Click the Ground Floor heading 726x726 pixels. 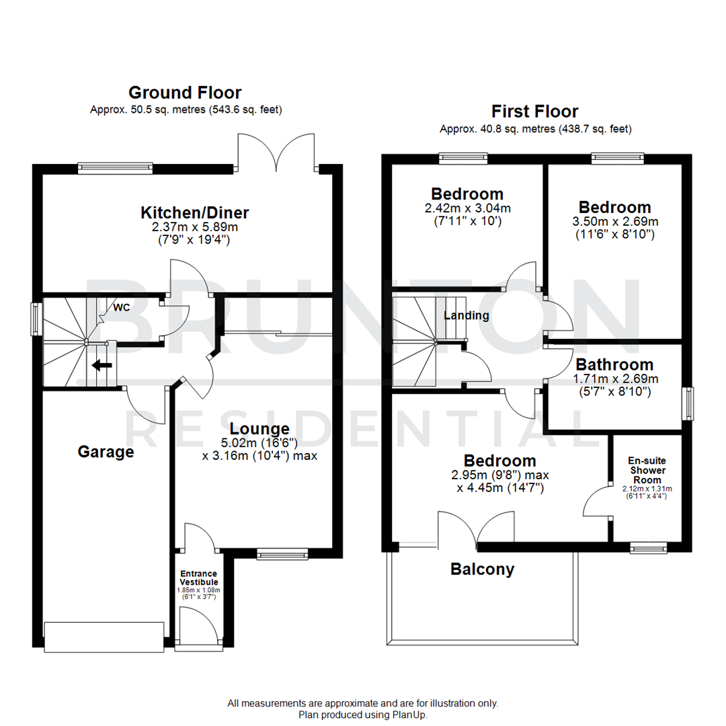pyautogui.click(x=185, y=92)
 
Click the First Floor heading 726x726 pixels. pyautogui.click(x=534, y=111)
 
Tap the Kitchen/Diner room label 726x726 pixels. pyautogui.click(x=194, y=213)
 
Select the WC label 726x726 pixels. pyautogui.click(x=122, y=307)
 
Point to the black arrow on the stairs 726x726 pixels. pyautogui.click(x=102, y=366)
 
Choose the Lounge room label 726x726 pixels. pyautogui.click(x=259, y=428)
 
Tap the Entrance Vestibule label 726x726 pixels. pyautogui.click(x=198, y=577)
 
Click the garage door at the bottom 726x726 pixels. pyautogui.click(x=104, y=637)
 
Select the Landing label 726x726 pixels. pyautogui.click(x=466, y=315)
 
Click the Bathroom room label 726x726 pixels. pyautogui.click(x=614, y=365)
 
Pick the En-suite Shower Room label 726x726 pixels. pyautogui.click(x=647, y=470)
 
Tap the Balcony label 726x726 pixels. pyautogui.click(x=482, y=569)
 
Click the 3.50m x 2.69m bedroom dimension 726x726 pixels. pyautogui.click(x=614, y=222)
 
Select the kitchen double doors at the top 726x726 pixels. pyautogui.click(x=276, y=151)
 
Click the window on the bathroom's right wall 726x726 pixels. pyautogui.click(x=688, y=405)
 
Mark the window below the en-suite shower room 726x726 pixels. pyautogui.click(x=648, y=548)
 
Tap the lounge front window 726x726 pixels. pyautogui.click(x=282, y=553)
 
